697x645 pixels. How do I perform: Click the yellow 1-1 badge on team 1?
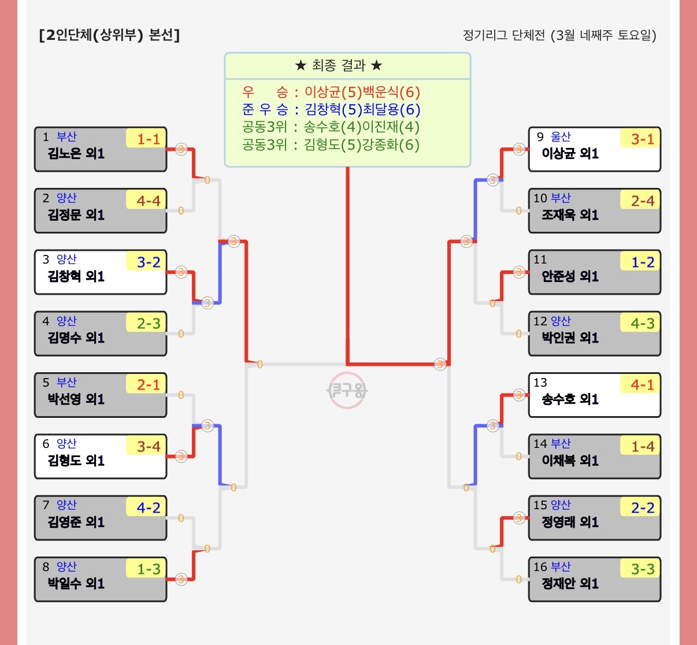(x=146, y=138)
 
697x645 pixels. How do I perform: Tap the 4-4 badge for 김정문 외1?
(x=146, y=200)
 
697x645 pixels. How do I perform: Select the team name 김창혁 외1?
(x=76, y=276)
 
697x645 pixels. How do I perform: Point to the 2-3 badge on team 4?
(x=146, y=322)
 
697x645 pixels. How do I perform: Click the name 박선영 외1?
(x=76, y=399)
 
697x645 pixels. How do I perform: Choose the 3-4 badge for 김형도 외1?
(x=146, y=446)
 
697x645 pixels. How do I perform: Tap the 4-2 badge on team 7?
(x=146, y=507)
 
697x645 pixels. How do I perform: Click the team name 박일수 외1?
(x=76, y=584)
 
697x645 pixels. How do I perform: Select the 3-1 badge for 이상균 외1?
(x=640, y=138)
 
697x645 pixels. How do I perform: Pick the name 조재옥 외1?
(x=570, y=215)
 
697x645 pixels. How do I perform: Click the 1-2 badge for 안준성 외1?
(x=640, y=261)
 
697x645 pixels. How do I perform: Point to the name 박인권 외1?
(x=570, y=338)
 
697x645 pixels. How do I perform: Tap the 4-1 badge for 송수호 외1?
(x=640, y=384)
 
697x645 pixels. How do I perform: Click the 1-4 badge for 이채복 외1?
(x=640, y=446)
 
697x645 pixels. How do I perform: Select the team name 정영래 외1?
(x=570, y=522)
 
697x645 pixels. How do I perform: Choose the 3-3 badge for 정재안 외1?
(x=640, y=569)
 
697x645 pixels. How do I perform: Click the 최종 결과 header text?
(x=339, y=65)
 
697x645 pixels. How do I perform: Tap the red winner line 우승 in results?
(x=331, y=92)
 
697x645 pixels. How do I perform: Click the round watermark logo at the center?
(x=347, y=390)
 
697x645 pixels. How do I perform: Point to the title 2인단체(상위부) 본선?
(x=109, y=35)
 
